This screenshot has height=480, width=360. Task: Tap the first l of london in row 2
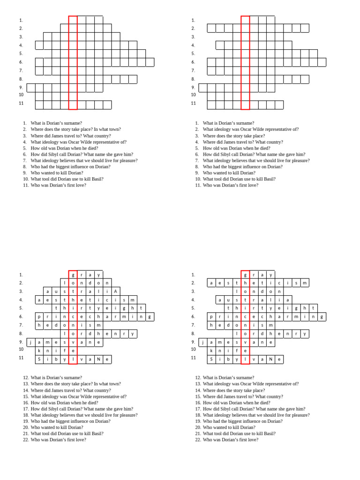(64, 283)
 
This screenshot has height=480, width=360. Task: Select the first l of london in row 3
(237, 292)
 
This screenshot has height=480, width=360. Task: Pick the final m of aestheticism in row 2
(305, 283)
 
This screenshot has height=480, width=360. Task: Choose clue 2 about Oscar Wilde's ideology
(250, 129)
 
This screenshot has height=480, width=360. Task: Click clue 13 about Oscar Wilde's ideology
(250, 384)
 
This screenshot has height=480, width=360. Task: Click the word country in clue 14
(103, 390)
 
